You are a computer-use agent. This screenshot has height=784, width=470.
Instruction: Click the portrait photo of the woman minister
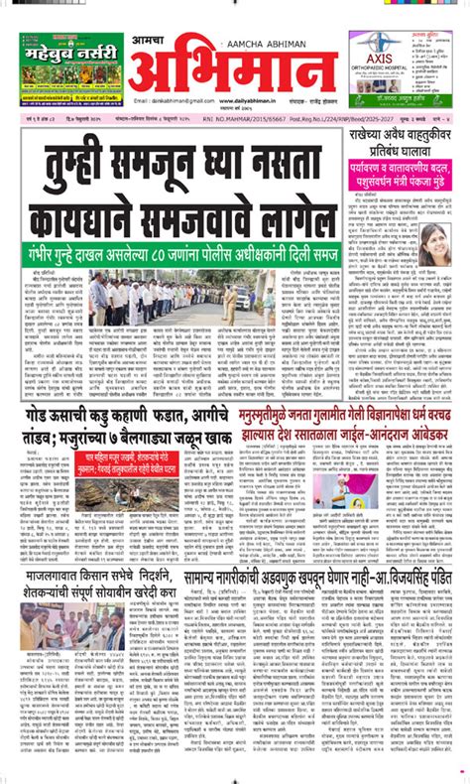435,238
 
